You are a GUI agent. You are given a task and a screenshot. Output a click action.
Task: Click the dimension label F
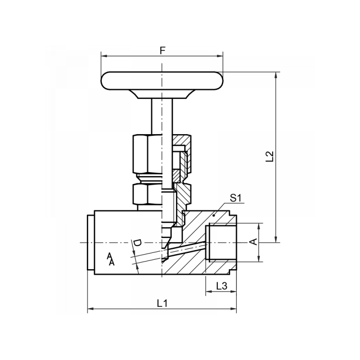(162, 50)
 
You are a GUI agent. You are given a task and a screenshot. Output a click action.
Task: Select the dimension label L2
(270, 156)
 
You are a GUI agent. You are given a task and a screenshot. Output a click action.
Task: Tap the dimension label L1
(162, 303)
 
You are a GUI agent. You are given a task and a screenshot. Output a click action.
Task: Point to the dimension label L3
(221, 285)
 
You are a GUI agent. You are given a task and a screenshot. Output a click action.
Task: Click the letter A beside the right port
(254, 242)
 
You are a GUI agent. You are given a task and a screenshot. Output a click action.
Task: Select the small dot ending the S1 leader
(214, 216)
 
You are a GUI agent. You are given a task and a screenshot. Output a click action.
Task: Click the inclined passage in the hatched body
(184, 250)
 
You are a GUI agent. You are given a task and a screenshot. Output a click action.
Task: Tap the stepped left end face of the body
(90, 243)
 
